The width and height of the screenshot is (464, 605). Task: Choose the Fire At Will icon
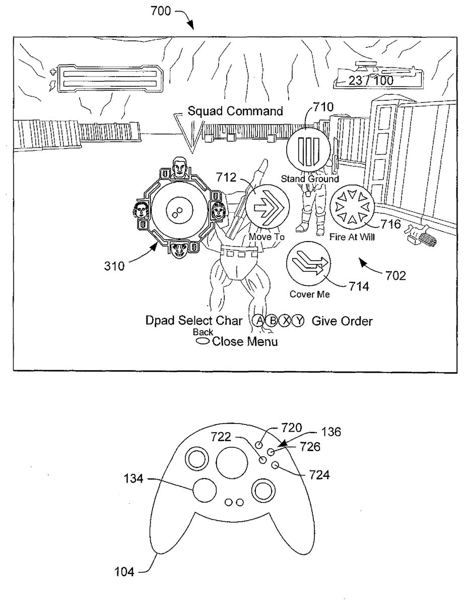[351, 208]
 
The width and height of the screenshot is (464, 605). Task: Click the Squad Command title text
[235, 111]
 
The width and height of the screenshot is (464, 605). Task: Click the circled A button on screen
[258, 321]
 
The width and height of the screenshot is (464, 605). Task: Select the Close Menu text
[245, 342]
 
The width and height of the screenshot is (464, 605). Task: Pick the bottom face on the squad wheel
[179, 248]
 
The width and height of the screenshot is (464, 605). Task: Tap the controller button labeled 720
[259, 445]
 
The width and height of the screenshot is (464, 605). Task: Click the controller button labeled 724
[275, 465]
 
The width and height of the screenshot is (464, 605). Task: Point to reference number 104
[123, 571]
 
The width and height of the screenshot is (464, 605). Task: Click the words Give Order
[342, 321]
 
